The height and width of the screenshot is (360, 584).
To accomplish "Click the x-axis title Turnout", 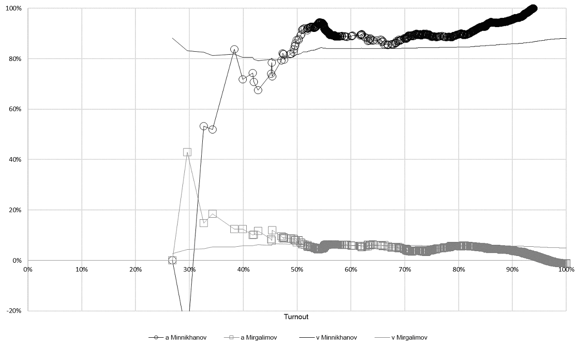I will coord(296,317).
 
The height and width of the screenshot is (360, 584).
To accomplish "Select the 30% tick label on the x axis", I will coord(189,269).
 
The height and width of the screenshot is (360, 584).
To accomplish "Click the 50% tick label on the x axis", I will coord(297,269).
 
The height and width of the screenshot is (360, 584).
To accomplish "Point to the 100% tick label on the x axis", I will coord(565,269).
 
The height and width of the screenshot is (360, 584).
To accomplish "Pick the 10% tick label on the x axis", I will coord(82,269).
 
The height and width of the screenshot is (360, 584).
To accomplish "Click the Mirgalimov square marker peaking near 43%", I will coord(187,152).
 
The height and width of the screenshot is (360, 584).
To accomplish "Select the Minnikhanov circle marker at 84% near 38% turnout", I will coord(234,49).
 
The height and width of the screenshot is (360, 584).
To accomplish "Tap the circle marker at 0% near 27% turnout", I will coord(172,260).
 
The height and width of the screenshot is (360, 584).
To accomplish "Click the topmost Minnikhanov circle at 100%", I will coord(533,8).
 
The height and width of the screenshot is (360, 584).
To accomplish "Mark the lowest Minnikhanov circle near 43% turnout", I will coord(258,90).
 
